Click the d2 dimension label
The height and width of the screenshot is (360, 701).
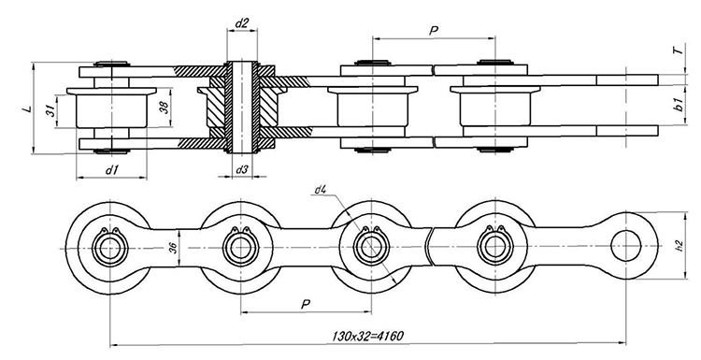[x=241, y=23]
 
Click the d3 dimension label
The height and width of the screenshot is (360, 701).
[x=241, y=169]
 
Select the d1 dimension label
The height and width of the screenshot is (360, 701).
[x=111, y=169]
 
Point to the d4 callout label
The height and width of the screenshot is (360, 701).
[x=321, y=190]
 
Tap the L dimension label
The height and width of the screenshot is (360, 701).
[x=28, y=108]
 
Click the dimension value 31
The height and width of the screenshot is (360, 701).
[x=51, y=110]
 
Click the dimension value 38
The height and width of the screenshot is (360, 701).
[x=165, y=108]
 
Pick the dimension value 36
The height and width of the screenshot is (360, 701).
[x=174, y=248]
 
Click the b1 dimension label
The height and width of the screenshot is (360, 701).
[x=680, y=105]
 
